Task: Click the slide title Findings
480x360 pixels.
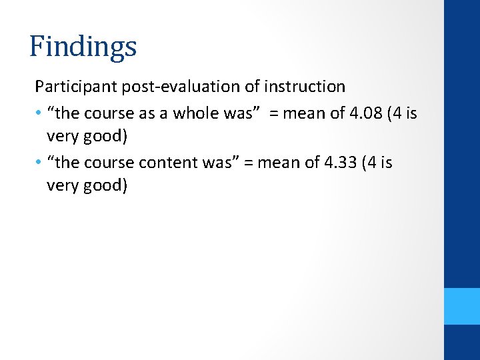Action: [83, 47]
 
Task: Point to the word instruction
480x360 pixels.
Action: [305, 87]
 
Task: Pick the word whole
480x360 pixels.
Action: [195, 113]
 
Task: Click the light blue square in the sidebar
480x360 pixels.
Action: [462, 306]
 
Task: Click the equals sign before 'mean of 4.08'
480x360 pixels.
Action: [274, 113]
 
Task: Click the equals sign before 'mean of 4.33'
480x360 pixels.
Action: [249, 163]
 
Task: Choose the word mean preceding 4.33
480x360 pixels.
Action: [279, 163]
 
